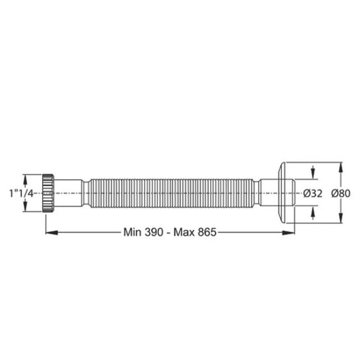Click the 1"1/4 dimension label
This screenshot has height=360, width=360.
click(21, 193)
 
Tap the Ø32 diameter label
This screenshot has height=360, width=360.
click(313, 193)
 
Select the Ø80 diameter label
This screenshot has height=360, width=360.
click(340, 193)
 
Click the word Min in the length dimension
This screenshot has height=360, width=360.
click(132, 232)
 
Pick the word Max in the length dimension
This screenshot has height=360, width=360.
click(183, 232)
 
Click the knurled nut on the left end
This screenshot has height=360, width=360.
click(48, 193)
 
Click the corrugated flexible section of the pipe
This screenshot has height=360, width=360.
click(171, 193)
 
